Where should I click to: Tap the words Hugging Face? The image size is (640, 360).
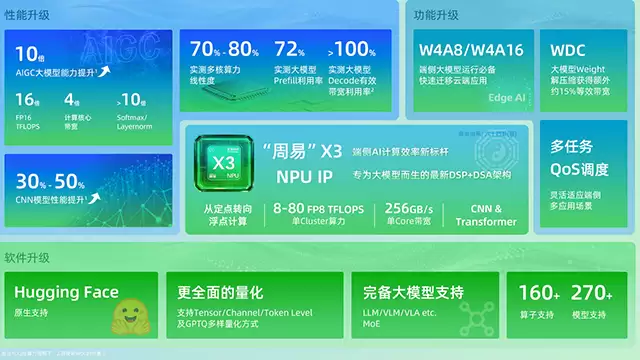pos(66,292)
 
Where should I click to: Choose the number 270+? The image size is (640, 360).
pos(592,292)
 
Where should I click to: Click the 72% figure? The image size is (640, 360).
pos(290,49)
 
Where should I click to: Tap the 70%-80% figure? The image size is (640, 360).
pos(224,49)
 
